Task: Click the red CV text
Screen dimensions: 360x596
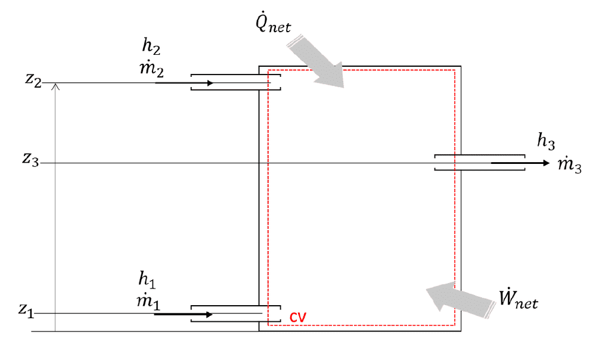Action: point(298,316)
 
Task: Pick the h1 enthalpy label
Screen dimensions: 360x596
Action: point(147,278)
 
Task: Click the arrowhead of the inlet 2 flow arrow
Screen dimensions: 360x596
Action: point(210,83)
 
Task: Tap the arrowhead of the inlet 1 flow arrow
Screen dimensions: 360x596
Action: point(209,314)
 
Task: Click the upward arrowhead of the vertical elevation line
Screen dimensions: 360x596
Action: point(55,86)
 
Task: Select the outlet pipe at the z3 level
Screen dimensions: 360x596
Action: point(479,163)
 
